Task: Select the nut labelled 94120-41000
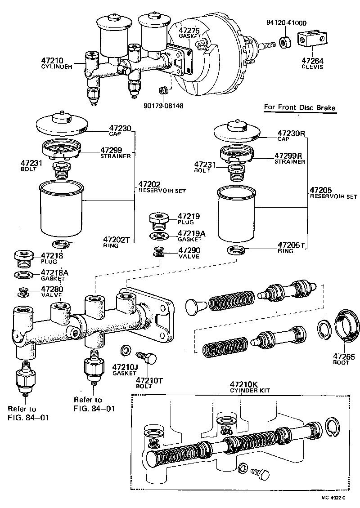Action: click(x=285, y=42)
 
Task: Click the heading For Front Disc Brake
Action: click(x=299, y=107)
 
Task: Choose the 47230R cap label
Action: click(x=291, y=133)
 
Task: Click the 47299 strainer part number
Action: click(x=111, y=150)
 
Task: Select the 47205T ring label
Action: click(x=291, y=245)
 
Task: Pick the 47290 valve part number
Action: click(x=189, y=250)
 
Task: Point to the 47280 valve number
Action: click(x=52, y=289)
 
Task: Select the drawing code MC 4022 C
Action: click(x=333, y=498)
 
